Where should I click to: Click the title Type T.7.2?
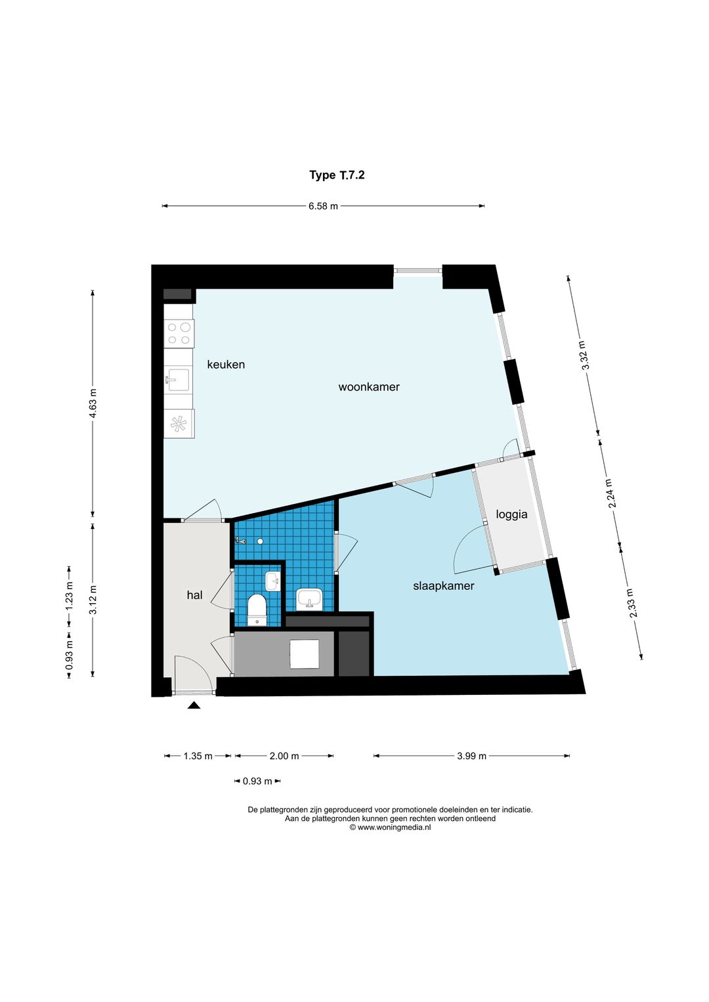click(337, 175)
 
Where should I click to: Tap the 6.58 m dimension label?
click(323, 206)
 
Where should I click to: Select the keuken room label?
click(226, 365)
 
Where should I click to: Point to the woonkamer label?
click(369, 387)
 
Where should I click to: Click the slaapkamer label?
click(443, 586)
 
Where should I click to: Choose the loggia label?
click(511, 514)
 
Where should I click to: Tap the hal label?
click(194, 595)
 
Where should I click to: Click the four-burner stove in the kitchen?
click(179, 334)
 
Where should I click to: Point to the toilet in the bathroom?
click(257, 609)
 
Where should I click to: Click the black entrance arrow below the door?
click(194, 705)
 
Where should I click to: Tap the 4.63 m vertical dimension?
click(93, 403)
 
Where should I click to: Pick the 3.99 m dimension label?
click(471, 757)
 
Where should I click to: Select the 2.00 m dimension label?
click(284, 757)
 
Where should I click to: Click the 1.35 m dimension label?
click(198, 757)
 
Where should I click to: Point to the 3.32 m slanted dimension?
click(583, 355)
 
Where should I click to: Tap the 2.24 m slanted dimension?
click(610, 493)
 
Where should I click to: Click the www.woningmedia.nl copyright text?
click(390, 827)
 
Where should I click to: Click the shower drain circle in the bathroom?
click(259, 541)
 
